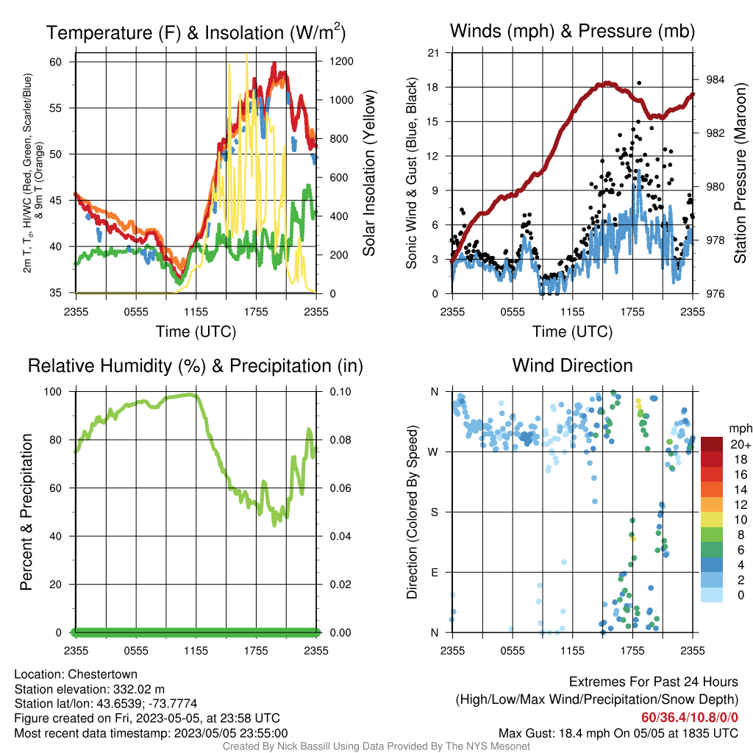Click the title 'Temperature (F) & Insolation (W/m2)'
click(x=196, y=32)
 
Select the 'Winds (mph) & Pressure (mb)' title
click(x=572, y=31)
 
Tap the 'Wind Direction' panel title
click(x=572, y=365)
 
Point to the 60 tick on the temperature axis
click(x=55, y=62)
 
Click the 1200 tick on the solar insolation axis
click(x=341, y=62)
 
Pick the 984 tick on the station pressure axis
click(x=715, y=79)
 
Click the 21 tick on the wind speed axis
click(x=433, y=53)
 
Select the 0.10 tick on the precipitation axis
click(x=340, y=392)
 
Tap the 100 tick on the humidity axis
click(x=53, y=392)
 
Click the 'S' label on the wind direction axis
click(x=434, y=513)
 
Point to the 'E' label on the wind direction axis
click(x=435, y=572)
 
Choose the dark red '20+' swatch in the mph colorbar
click(x=712, y=444)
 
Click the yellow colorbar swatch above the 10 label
click(x=712, y=520)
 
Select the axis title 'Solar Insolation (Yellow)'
click(x=369, y=173)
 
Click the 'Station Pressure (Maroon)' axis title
click(x=740, y=173)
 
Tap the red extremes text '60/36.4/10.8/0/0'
click(x=690, y=718)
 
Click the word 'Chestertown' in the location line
click(x=102, y=674)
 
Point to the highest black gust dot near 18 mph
click(x=639, y=83)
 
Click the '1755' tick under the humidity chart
click(x=256, y=651)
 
